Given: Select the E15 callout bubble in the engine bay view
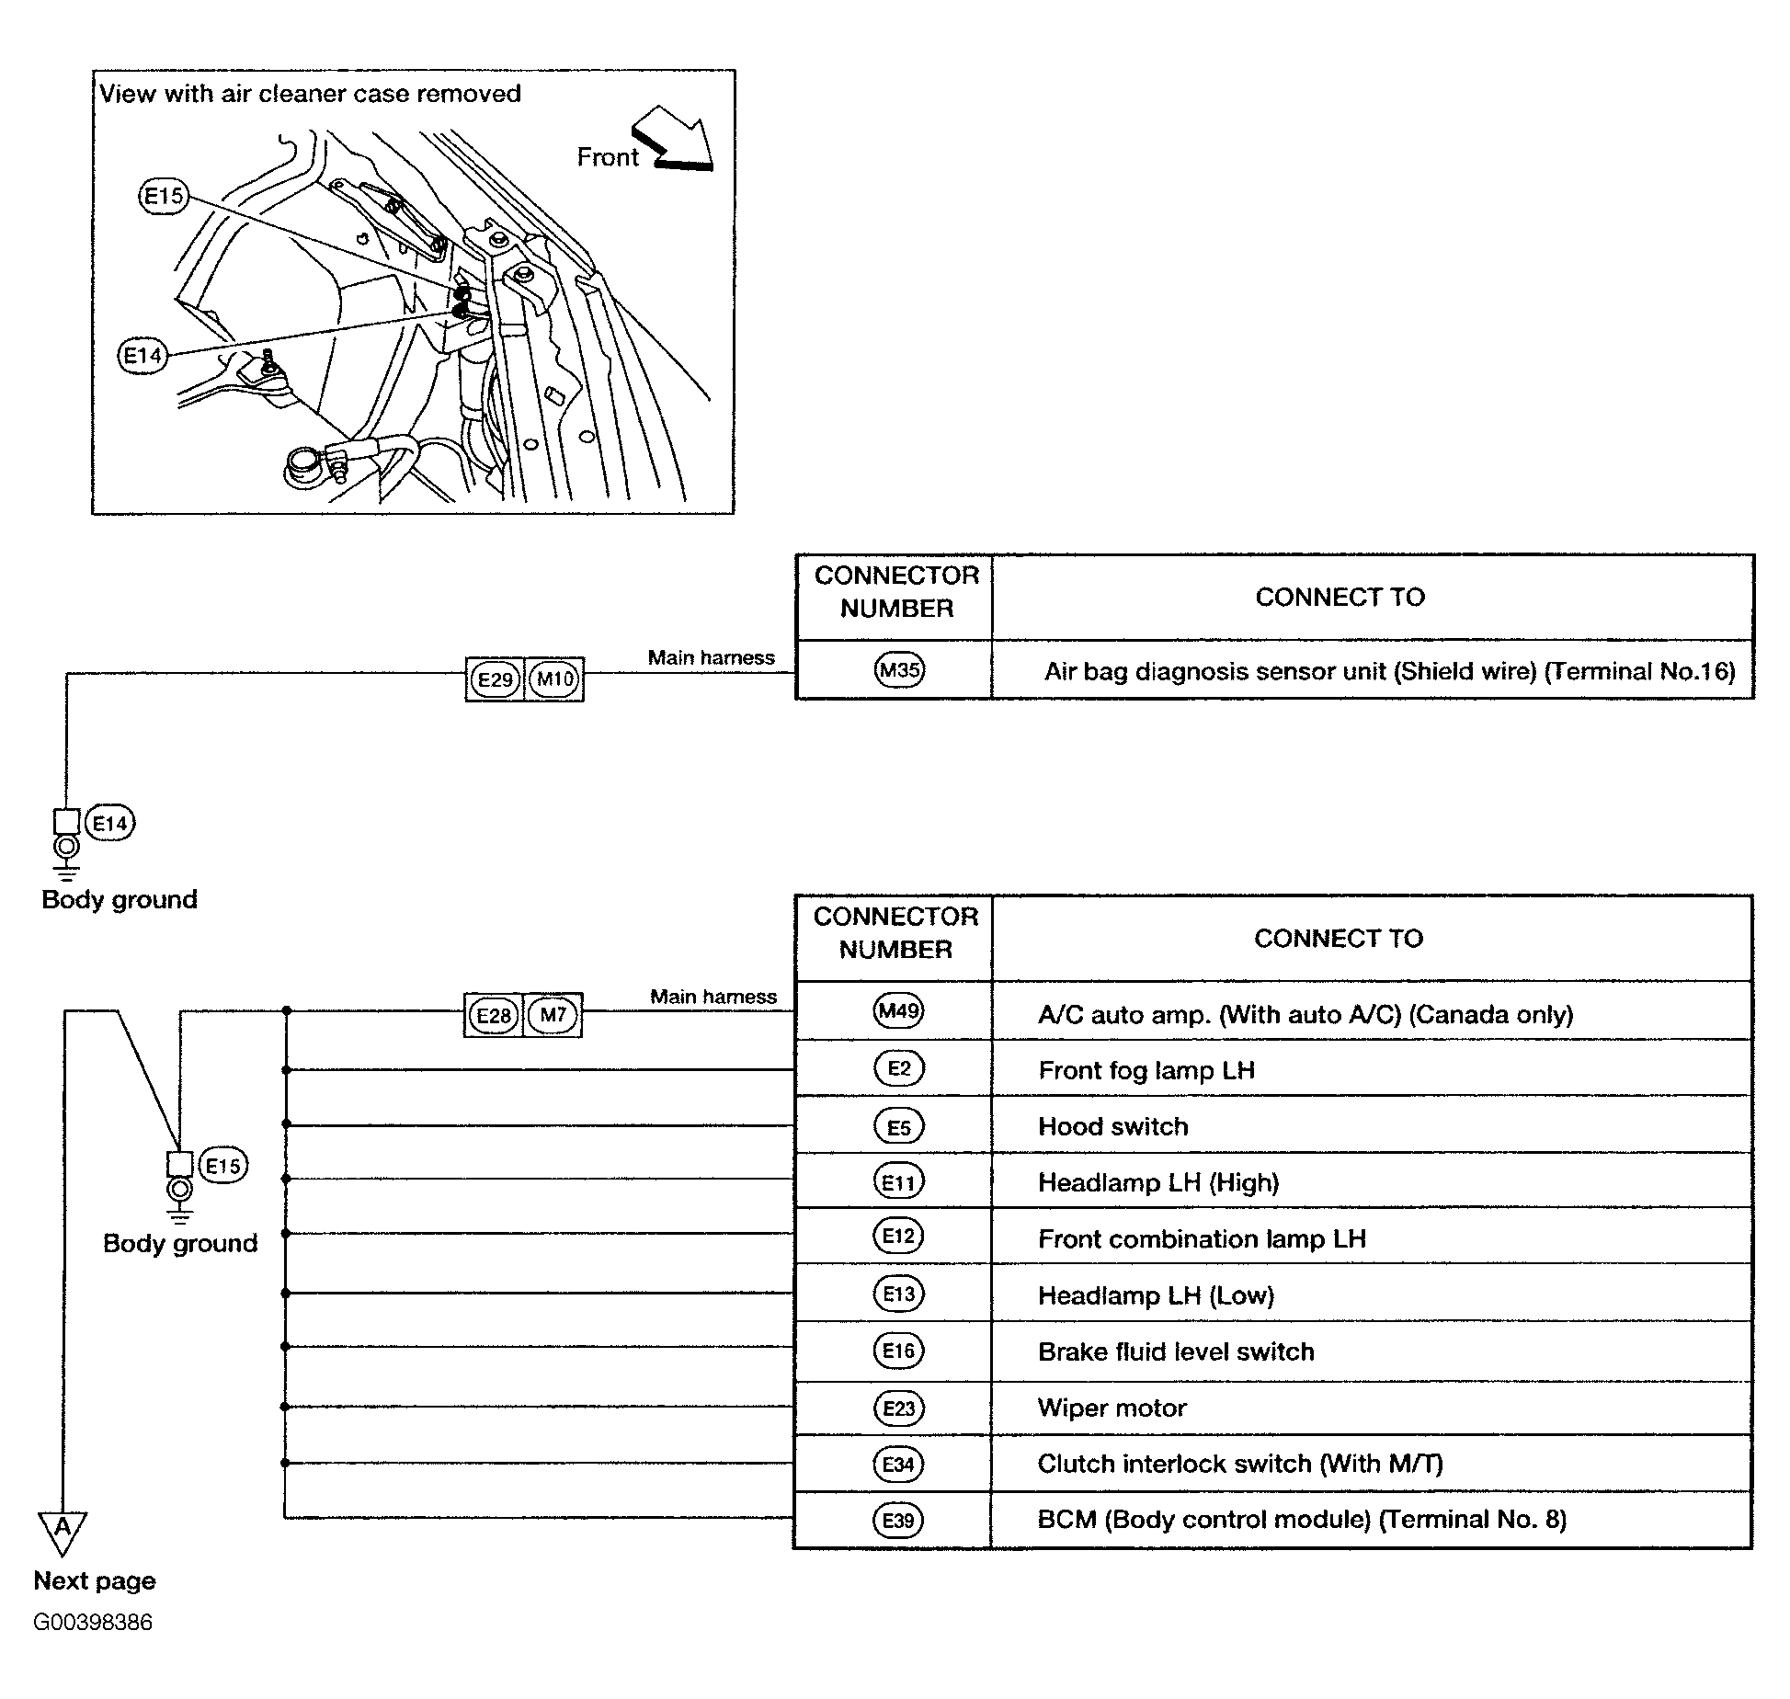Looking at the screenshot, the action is coord(164,197).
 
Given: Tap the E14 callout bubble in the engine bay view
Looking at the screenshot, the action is coord(143,356).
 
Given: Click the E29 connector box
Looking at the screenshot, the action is coord(495,679).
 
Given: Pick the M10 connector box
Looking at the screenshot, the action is coord(554,679).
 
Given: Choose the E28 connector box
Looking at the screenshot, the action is coord(494,1016).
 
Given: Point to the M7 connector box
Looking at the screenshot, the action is coord(553,1016).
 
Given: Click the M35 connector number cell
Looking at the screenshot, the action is coord(898,670).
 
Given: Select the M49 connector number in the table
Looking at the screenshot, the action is coord(898,1011).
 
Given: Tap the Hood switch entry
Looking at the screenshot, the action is coord(1113,1126).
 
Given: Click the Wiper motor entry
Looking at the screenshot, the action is coord(1112,1408).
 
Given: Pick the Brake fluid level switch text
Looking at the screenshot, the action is coord(1176,1351).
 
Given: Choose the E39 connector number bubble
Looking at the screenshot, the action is coord(898,1521).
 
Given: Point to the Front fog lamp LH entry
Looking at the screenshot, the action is coord(1146,1070).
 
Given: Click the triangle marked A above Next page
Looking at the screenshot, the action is coord(63,1534).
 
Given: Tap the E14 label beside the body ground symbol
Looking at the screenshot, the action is coord(110,823).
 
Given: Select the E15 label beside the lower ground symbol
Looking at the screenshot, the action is coord(223,1166).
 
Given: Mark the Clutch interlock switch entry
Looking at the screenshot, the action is coord(1240,1464).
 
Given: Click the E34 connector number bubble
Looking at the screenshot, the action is coord(898,1464).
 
